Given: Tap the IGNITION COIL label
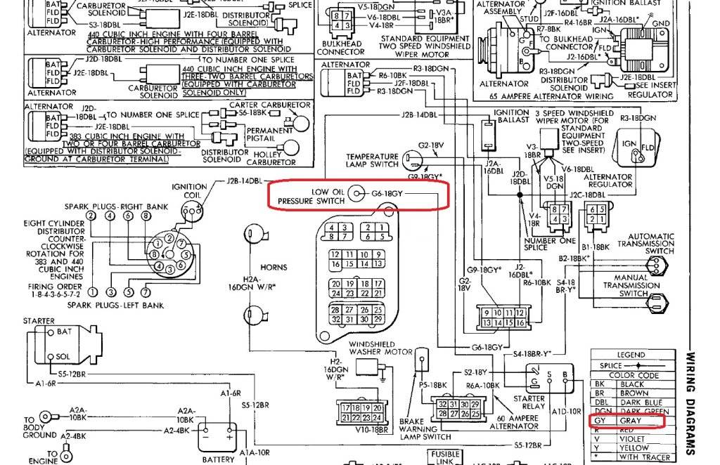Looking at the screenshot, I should [x=189, y=191].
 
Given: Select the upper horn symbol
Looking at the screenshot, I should [x=251, y=234].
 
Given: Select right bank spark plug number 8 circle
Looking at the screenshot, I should [x=146, y=216].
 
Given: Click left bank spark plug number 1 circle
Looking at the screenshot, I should [x=92, y=291].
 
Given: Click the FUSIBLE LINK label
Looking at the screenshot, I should [x=444, y=457].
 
